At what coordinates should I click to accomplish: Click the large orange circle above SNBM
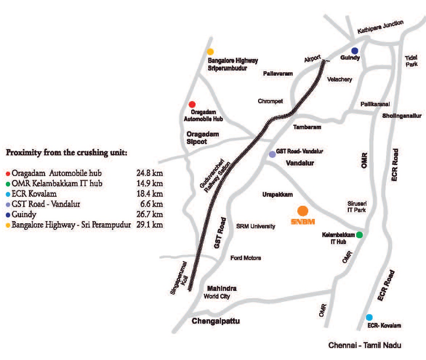(303, 211)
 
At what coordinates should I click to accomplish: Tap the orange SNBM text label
(303, 222)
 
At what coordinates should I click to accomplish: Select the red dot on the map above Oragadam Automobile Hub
(192, 104)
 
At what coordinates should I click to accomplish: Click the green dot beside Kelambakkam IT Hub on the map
(359, 235)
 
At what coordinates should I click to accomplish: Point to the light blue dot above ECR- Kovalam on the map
(369, 317)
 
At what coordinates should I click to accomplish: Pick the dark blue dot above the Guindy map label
(355, 51)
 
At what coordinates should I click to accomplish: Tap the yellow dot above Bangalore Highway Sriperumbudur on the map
(210, 52)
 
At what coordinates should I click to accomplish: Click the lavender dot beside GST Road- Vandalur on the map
(272, 154)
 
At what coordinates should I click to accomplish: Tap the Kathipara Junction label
(380, 28)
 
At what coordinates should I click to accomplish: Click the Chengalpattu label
(216, 321)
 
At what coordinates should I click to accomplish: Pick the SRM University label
(256, 226)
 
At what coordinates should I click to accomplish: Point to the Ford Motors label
(246, 258)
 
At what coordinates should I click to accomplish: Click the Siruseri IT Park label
(356, 207)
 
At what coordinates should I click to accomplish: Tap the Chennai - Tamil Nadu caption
(365, 345)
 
